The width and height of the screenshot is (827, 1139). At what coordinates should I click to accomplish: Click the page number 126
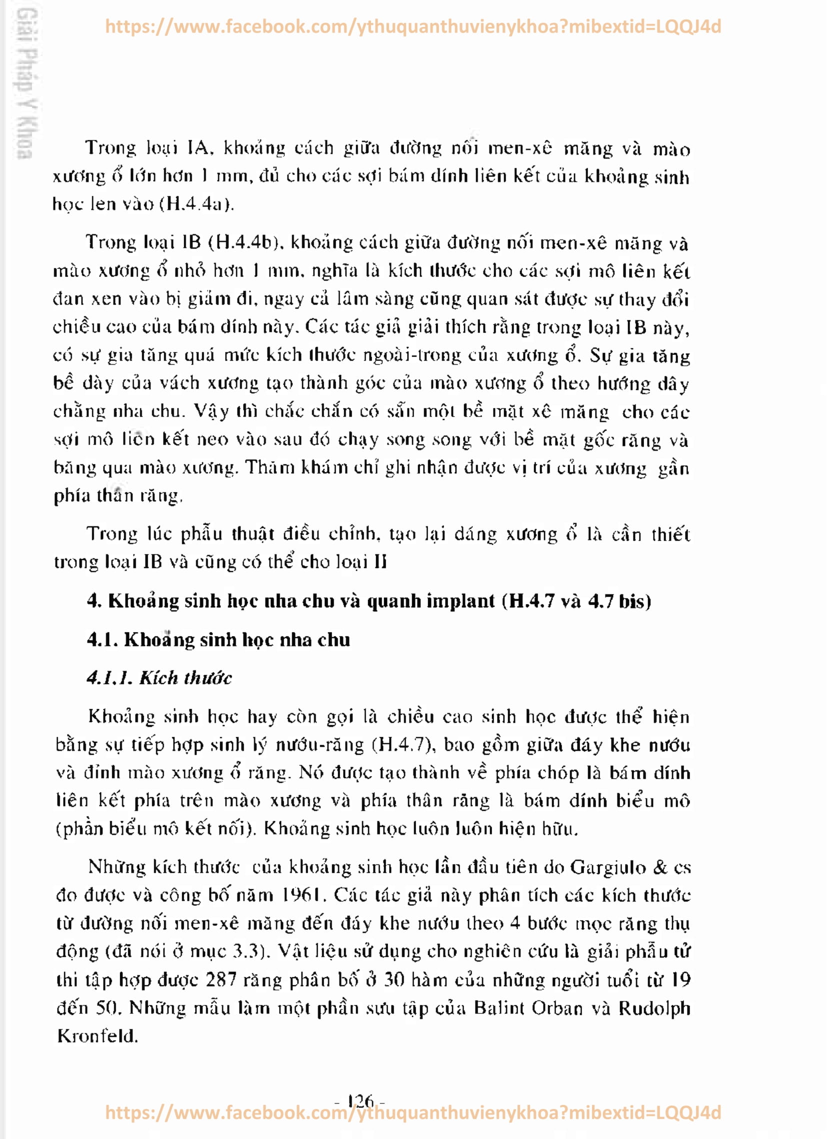360,1101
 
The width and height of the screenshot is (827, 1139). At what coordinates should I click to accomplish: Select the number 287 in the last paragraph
221,979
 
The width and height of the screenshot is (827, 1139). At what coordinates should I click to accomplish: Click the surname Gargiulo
608,867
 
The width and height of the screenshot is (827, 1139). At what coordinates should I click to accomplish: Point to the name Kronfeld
97,1035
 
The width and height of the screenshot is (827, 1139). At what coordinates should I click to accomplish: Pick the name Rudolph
654,1007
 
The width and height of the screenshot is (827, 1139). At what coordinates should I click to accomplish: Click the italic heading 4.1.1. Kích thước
159,677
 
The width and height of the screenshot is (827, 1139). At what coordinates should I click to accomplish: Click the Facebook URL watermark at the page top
412,26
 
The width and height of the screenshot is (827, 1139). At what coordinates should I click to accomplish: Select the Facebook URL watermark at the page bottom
412,1112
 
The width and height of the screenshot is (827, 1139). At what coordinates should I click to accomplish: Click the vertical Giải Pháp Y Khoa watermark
24,83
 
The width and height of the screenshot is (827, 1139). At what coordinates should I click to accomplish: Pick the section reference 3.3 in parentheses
246,951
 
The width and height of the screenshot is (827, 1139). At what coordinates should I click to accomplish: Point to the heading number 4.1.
102,639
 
